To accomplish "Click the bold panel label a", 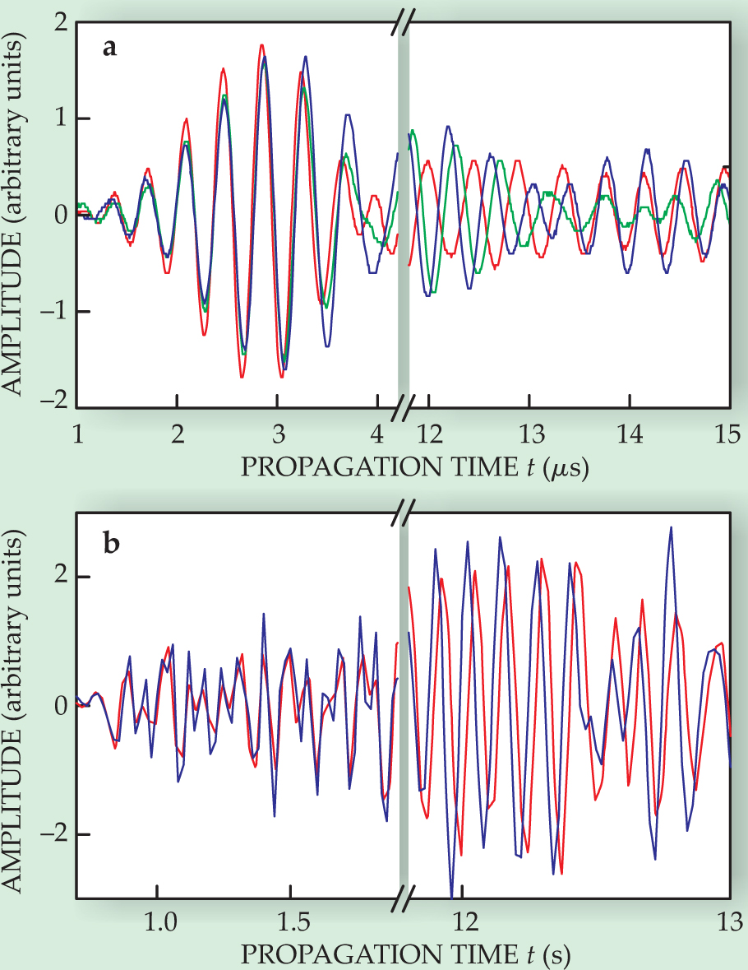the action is point(109,48).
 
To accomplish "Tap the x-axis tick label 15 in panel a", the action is point(729,435).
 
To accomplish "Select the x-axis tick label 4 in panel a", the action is point(378,435).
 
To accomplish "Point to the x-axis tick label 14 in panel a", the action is point(630,435).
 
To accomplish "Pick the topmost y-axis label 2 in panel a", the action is point(60,23).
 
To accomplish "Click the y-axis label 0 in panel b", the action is point(60,706).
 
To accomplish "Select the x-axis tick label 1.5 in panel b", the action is point(290,921).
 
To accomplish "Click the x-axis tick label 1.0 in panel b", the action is point(159,921).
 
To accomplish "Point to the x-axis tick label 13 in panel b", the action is point(730,921).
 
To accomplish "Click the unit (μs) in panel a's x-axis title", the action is point(565,466).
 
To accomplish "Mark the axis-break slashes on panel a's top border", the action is point(402,23).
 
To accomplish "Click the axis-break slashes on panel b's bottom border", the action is point(402,898).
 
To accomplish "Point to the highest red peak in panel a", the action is point(261,45).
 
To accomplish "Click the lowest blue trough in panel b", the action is point(452,897).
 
